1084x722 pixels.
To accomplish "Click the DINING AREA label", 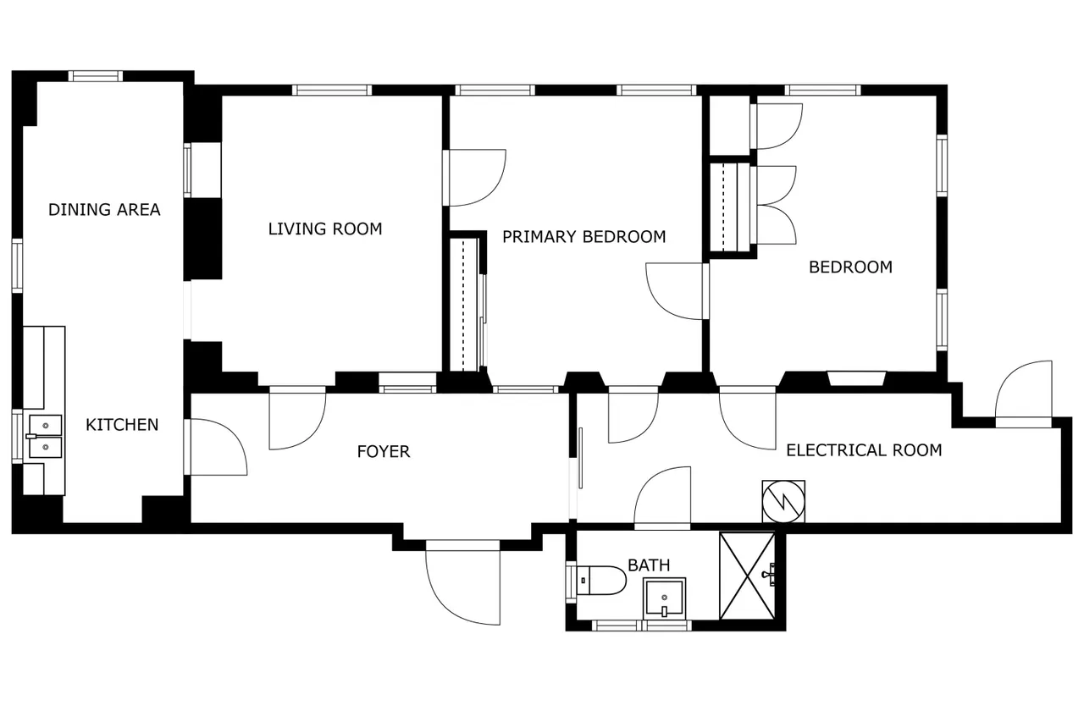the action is click(x=104, y=209).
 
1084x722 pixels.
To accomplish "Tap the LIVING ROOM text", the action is click(x=325, y=229).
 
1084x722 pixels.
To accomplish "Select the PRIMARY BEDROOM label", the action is click(x=584, y=236).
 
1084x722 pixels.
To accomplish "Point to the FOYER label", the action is click(x=384, y=452).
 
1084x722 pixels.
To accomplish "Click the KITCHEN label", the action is click(x=122, y=425).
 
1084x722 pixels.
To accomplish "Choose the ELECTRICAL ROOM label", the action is click(x=864, y=450).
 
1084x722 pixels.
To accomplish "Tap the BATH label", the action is click(x=649, y=565).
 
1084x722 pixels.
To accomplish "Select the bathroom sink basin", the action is click(x=665, y=598).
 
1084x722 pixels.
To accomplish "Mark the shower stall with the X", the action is click(x=747, y=576).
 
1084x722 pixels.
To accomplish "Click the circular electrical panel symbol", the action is click(x=783, y=501).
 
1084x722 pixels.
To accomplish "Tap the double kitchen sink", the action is click(x=46, y=436).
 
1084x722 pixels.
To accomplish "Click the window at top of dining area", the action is click(x=96, y=76).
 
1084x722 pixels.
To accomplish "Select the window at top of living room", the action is click(x=332, y=90).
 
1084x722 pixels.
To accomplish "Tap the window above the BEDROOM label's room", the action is click(x=822, y=90).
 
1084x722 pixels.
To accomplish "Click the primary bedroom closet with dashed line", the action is click(x=464, y=305).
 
